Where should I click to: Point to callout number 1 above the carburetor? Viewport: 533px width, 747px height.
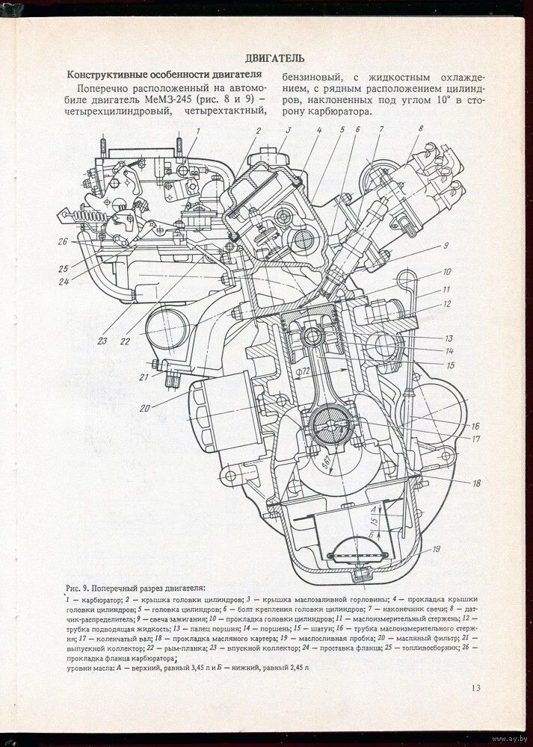[200, 131]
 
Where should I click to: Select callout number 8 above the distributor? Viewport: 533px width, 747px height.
[421, 129]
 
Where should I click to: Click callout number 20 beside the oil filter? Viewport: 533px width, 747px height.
[144, 407]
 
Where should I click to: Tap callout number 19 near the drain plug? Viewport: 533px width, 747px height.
[436, 549]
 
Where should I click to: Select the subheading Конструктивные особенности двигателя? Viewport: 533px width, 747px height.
[164, 75]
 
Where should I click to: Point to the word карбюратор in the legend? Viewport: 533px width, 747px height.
[100, 599]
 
